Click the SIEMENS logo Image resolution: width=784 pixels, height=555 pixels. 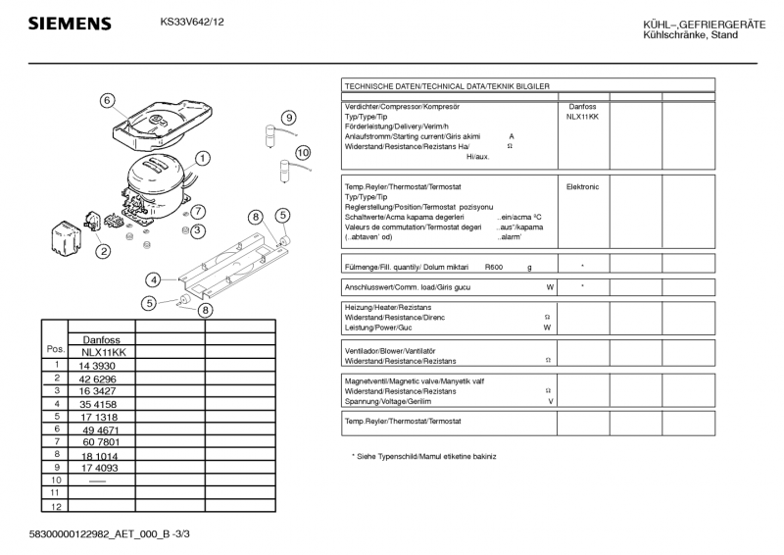coord(69,24)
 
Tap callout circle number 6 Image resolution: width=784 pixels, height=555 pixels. coord(108,99)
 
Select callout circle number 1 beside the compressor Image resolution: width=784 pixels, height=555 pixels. coord(202,158)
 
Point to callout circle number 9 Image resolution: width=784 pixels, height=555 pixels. coord(289,119)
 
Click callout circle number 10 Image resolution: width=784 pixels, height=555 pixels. coord(302,152)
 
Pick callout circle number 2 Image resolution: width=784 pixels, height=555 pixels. coord(103,250)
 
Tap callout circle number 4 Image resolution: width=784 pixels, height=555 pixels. coord(154,279)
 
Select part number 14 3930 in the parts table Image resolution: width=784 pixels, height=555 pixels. coord(100,365)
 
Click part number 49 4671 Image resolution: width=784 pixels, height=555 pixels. coord(100,429)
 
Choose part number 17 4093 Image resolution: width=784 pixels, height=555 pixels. coord(100,468)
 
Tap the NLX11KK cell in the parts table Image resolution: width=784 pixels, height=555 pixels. coord(102,352)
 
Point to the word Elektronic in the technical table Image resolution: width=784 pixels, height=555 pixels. coord(582,186)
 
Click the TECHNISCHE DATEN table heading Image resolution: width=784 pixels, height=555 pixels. coord(447,86)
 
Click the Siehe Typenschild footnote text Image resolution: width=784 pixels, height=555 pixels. coord(423,457)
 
